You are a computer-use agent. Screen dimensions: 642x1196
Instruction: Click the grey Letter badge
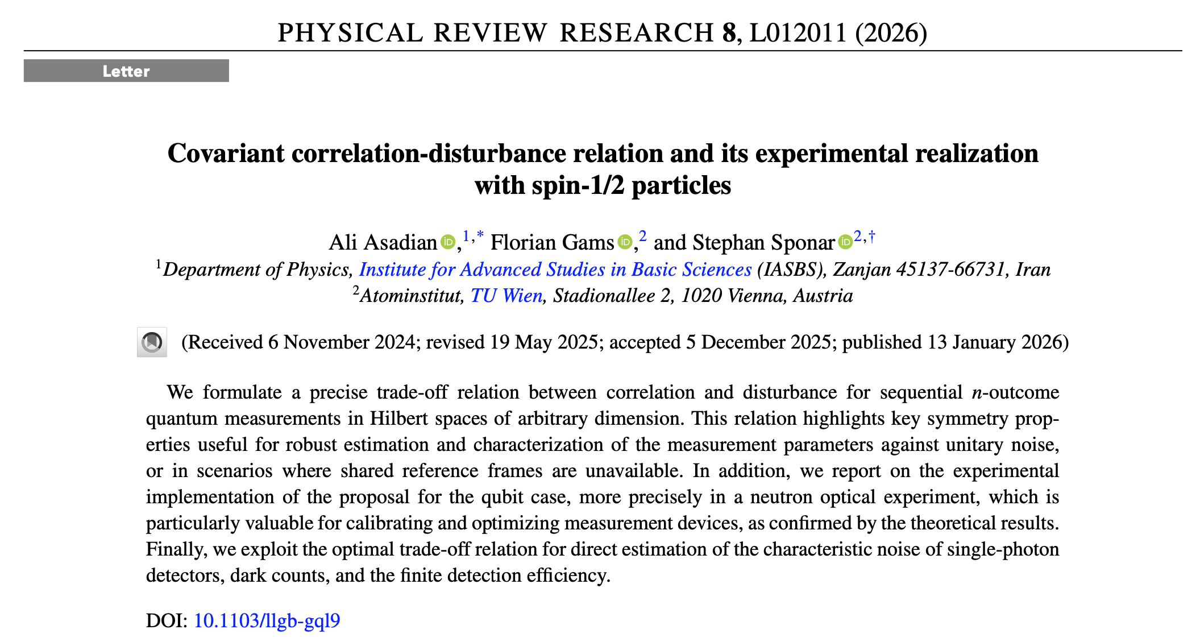pos(126,71)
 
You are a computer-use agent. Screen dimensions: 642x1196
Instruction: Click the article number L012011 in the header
pos(798,33)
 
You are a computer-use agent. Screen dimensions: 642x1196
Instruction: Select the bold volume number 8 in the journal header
pos(729,33)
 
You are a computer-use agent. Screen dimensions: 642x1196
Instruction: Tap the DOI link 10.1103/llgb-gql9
pos(267,620)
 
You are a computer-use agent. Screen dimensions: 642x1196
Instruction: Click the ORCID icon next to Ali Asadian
pos(448,242)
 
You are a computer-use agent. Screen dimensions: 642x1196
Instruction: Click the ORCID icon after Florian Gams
pos(625,242)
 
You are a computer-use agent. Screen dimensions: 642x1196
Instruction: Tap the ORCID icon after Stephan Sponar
pos(845,242)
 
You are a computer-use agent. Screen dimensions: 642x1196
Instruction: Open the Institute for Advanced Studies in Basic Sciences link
pos(555,270)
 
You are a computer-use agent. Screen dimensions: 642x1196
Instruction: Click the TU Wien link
pos(506,296)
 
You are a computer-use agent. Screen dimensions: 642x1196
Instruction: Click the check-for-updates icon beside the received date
pos(152,342)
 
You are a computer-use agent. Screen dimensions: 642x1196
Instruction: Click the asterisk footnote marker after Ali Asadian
pos(480,235)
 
